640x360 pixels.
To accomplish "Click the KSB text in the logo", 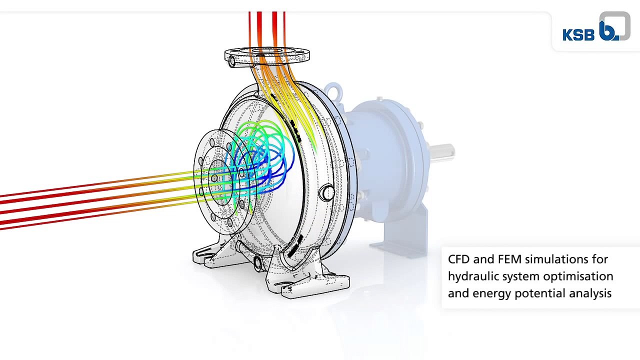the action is point(578,34).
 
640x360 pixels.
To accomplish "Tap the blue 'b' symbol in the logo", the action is point(608,30).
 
